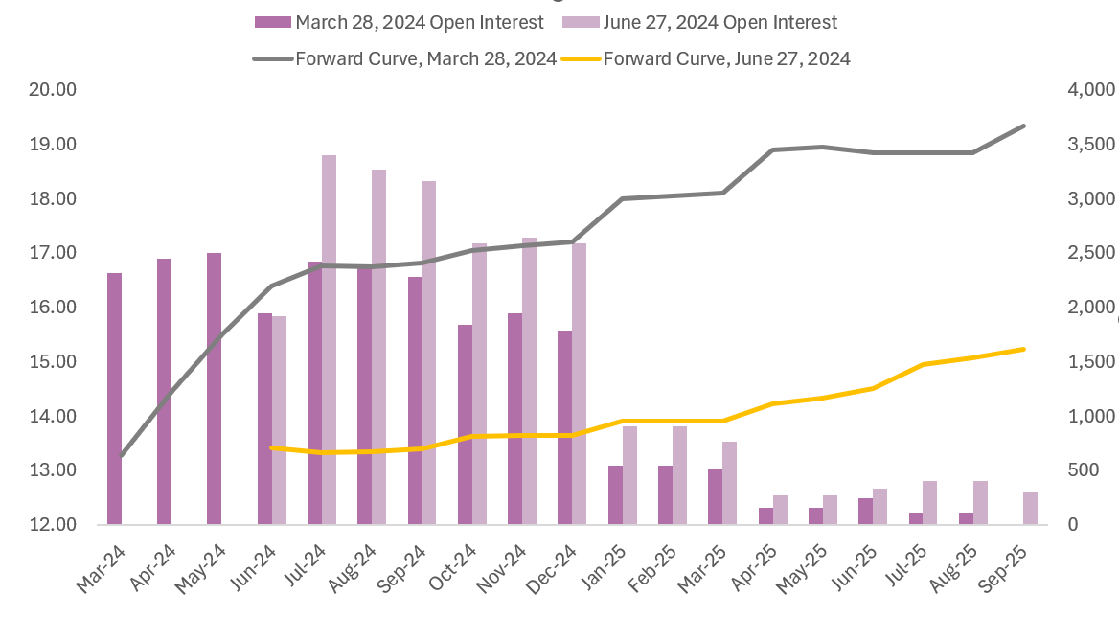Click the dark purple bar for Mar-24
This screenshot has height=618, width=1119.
pyautogui.click(x=115, y=399)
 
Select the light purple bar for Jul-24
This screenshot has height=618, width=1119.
pyautogui.click(x=329, y=340)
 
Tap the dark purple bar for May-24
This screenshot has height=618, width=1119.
pyautogui.click(x=215, y=389)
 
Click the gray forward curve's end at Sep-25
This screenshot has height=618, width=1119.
pyautogui.click(x=1023, y=126)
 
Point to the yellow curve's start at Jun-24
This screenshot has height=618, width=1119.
pyautogui.click(x=272, y=447)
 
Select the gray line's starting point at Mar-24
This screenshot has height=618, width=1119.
pyautogui.click(x=122, y=456)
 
